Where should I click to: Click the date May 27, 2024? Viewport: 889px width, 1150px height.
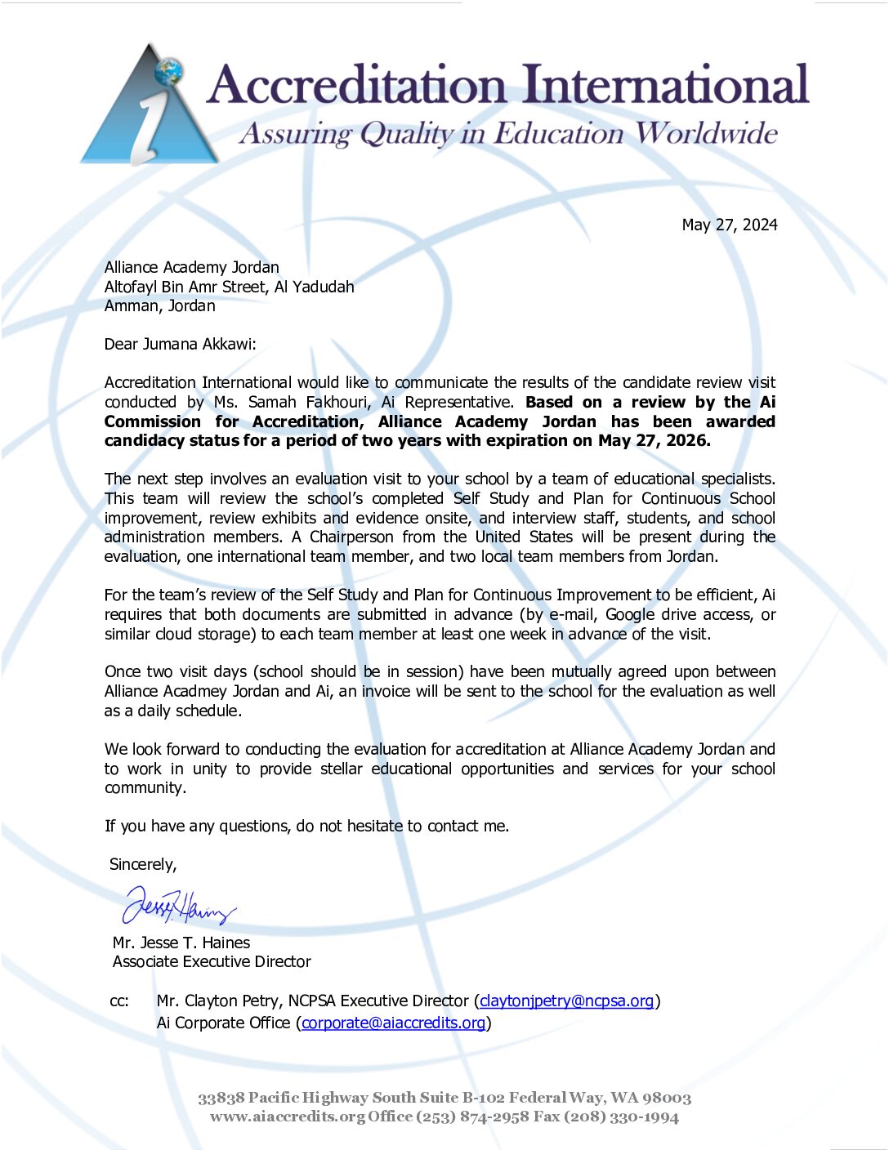(730, 225)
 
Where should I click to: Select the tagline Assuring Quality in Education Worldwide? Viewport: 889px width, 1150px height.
(507, 133)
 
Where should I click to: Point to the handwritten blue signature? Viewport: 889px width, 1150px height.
(179, 905)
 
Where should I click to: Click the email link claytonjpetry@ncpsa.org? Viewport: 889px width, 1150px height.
(566, 1001)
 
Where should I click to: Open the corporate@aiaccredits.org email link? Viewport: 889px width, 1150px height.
(393, 1023)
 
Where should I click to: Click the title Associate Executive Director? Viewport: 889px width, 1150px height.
(212, 961)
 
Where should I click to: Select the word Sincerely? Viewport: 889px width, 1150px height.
(143, 864)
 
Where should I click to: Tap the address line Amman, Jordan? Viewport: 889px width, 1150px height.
(160, 306)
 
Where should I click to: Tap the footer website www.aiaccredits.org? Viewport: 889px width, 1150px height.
(287, 1117)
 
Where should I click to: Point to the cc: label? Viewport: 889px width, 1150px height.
(119, 1001)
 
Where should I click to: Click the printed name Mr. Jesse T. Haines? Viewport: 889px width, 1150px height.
(181, 943)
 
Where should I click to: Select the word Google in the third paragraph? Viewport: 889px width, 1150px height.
(629, 614)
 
